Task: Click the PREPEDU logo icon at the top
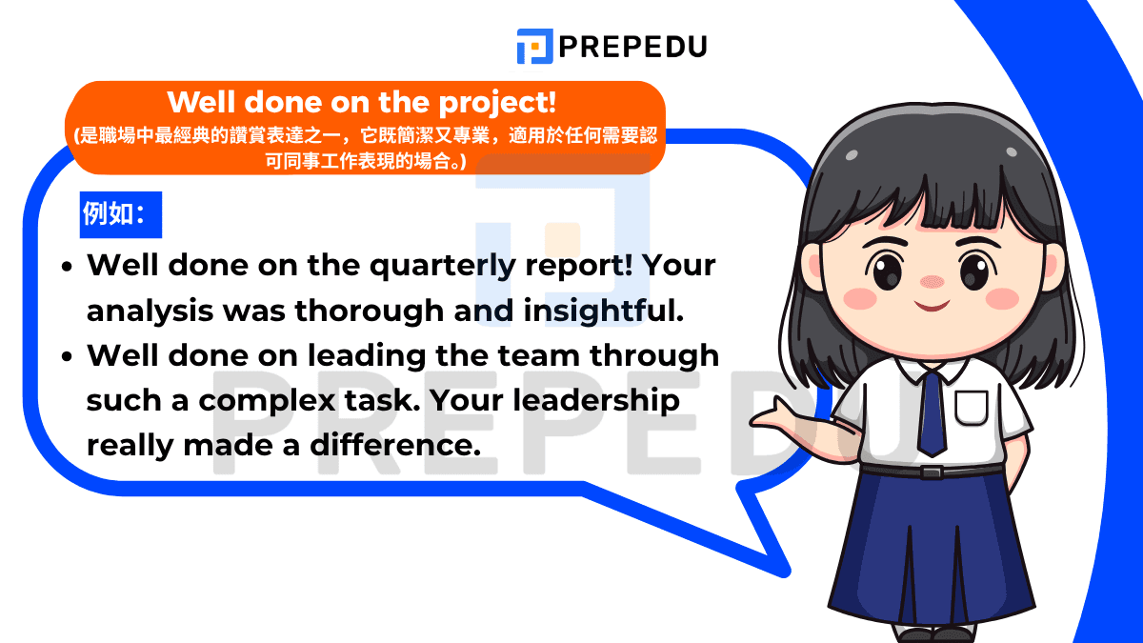534,47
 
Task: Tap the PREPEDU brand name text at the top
632,47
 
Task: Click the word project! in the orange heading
497,104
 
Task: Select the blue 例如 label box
121,215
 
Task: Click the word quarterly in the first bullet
443,267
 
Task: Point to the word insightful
604,311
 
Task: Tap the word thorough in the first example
370,311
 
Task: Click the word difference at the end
395,445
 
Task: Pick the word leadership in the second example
596,401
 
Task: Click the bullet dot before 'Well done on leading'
67,356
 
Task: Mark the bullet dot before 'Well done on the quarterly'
67,267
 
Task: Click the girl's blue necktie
932,413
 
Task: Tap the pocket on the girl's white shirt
971,408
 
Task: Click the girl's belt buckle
932,472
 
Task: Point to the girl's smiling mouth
932,306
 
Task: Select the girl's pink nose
932,281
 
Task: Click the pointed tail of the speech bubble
783,572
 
